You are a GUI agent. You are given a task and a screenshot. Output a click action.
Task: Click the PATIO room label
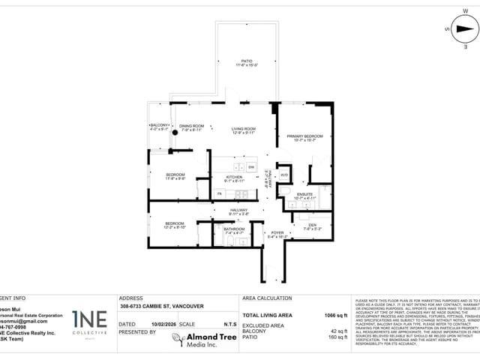(247, 61)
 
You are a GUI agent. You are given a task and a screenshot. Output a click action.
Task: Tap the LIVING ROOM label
(244, 128)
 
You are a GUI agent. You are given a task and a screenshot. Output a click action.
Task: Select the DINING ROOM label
(192, 125)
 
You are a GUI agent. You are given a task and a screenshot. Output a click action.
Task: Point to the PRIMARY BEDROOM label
(304, 136)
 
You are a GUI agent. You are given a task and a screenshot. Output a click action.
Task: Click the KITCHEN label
(235, 176)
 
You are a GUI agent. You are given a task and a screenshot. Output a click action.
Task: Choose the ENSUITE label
(304, 193)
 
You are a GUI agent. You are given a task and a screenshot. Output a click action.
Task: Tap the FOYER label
(277, 232)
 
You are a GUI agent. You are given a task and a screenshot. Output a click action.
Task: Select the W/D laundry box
(284, 175)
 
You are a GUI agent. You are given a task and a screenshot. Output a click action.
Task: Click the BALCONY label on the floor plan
(159, 124)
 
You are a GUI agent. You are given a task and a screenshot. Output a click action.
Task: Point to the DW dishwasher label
(251, 166)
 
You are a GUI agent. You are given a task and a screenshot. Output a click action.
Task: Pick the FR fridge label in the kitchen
(220, 193)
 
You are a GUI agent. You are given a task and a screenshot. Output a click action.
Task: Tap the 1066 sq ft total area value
(335, 316)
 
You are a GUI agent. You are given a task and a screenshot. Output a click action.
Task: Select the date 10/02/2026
(162, 324)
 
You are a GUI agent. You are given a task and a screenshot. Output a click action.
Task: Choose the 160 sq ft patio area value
(339, 337)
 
